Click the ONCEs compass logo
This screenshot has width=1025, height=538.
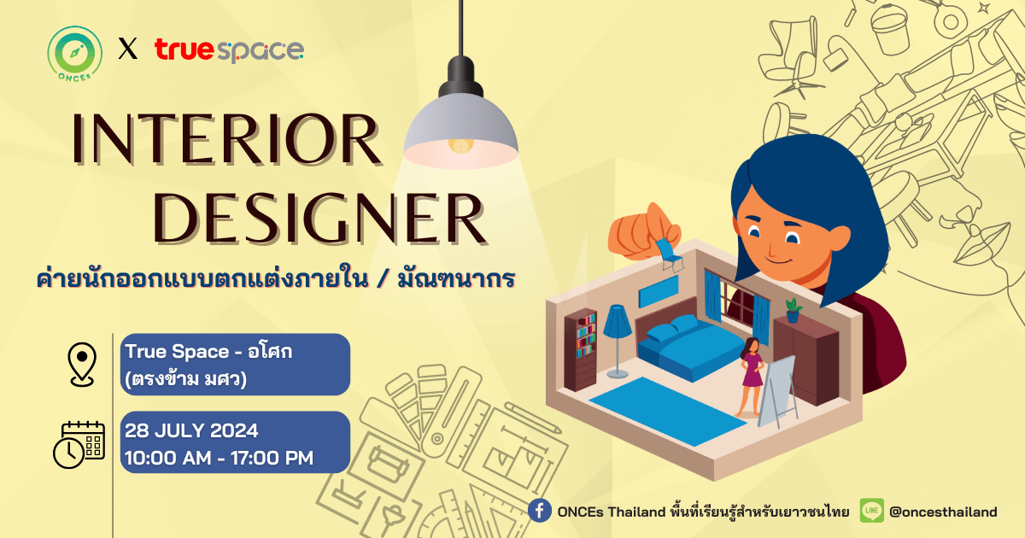tap(74, 54)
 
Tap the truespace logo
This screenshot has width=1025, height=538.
tap(229, 50)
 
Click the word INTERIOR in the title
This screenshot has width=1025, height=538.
tap(226, 139)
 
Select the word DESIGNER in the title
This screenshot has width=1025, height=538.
tap(319, 219)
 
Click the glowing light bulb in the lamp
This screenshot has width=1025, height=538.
tap(460, 146)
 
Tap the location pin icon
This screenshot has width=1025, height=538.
tap(82, 365)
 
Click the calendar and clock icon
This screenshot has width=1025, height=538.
tap(79, 445)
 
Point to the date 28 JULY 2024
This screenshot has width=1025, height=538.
tap(191, 430)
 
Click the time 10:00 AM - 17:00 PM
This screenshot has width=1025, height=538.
tap(220, 458)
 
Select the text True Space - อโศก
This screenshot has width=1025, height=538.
tap(208, 351)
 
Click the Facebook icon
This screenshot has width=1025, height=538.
tap(540, 511)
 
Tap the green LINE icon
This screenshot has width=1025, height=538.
tap(872, 511)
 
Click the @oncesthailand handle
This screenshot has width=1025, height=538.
tap(943, 512)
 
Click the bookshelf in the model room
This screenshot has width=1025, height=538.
tap(581, 350)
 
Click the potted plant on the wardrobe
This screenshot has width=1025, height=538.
tap(793, 310)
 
